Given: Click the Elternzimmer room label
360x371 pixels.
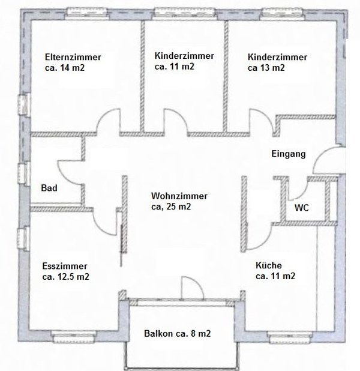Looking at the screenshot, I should (73, 57).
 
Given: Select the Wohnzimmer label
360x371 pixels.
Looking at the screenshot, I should (179, 196).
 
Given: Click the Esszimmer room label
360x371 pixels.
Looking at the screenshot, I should (65, 266).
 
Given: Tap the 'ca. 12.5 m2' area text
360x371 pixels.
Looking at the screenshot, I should (66, 277).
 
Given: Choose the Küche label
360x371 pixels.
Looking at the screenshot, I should (268, 265).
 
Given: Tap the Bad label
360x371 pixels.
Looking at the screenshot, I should (49, 189).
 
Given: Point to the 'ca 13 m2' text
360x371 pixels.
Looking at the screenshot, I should (266, 68).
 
